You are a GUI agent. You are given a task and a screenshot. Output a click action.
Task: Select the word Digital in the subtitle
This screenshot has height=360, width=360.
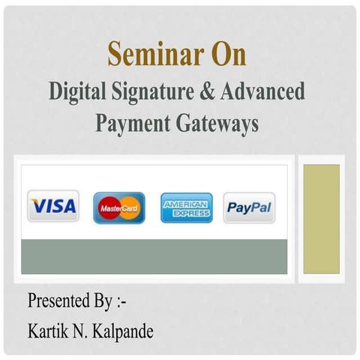[x=78, y=92]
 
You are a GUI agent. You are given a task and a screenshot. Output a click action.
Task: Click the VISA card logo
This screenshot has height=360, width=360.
[x=53, y=205]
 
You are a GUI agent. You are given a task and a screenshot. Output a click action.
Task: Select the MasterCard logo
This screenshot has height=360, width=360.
[x=119, y=208]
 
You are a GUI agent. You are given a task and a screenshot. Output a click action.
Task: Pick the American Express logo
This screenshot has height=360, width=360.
[x=186, y=208]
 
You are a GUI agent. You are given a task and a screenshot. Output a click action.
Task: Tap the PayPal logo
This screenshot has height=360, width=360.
[x=249, y=208]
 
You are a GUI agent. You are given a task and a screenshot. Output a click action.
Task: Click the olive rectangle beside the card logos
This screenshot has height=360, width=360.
[x=321, y=218]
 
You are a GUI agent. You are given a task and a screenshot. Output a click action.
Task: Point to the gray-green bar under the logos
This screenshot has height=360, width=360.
[x=154, y=257]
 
